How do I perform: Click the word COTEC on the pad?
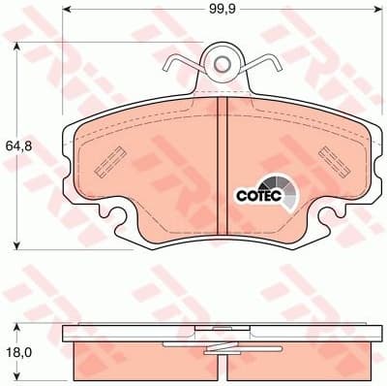[x=257, y=193]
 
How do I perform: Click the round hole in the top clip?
[x=223, y=64]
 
